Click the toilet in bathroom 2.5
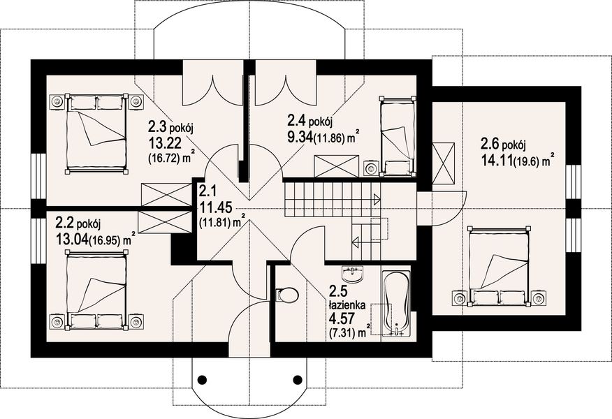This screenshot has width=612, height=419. (286, 295)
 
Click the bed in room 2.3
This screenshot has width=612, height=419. (96, 132)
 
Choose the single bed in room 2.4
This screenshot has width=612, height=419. (396, 136)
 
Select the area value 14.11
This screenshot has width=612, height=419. (496, 159)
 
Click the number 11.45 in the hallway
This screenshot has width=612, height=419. (212, 207)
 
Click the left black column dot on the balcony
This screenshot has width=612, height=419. (203, 380)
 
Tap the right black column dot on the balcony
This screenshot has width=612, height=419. (297, 380)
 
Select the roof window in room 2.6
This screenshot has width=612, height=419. (443, 163)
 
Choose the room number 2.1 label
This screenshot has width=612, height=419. (207, 191)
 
